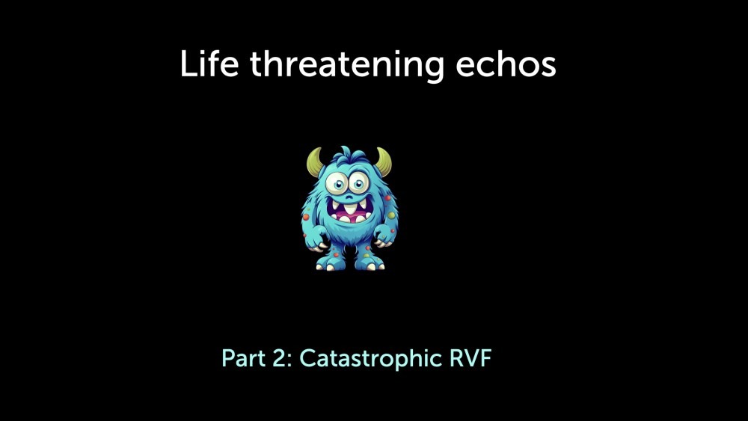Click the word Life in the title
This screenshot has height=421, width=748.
209,64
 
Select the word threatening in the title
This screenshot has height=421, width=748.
347,66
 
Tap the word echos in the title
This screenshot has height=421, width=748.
506,64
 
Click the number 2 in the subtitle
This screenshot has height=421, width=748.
281,358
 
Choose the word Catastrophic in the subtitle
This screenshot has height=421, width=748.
371,358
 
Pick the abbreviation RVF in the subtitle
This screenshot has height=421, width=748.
470,358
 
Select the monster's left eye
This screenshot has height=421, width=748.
338,182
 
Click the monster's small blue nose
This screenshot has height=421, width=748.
349,197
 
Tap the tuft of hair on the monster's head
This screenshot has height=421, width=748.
349,155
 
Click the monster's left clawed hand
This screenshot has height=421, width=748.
316,239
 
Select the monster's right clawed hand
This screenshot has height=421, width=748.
385,236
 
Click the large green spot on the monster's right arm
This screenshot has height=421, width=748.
391,215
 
